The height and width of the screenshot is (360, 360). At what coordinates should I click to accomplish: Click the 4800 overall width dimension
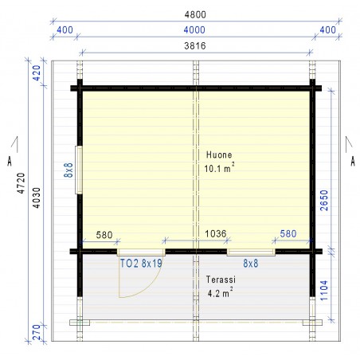pyautogui.click(x=195, y=14)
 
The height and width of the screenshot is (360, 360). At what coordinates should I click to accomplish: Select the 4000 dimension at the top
pyautogui.click(x=194, y=29)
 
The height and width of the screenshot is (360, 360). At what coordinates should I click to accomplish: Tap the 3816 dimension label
pyautogui.click(x=195, y=45)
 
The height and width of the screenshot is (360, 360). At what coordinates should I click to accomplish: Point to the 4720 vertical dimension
pyautogui.click(x=21, y=183)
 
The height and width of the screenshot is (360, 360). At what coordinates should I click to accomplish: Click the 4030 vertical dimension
pyautogui.click(x=37, y=198)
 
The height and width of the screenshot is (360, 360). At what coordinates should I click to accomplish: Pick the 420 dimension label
pyautogui.click(x=36, y=73)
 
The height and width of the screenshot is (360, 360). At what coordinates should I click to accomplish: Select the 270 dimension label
pyautogui.click(x=37, y=332)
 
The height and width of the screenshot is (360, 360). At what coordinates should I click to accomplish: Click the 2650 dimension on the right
pyautogui.click(x=324, y=201)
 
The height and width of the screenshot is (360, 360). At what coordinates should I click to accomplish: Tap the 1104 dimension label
pyautogui.click(x=324, y=291)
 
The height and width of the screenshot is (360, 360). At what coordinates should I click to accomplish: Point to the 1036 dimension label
pyautogui.click(x=216, y=233)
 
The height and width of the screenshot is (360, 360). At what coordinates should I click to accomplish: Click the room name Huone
pyautogui.click(x=219, y=155)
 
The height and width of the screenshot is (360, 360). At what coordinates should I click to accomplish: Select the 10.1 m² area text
pyautogui.click(x=219, y=168)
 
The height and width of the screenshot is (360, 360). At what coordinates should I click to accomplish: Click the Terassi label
pyautogui.click(x=221, y=280)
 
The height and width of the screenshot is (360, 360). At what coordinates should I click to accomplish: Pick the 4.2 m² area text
pyautogui.click(x=221, y=293)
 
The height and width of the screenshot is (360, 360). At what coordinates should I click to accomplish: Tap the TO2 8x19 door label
pyautogui.click(x=141, y=264)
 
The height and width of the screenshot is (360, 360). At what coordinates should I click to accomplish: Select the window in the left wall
pyautogui.click(x=79, y=170)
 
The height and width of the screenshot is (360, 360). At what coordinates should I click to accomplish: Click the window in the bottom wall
pyautogui.click(x=251, y=252)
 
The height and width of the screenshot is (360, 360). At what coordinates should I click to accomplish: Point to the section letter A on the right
pyautogui.click(x=353, y=161)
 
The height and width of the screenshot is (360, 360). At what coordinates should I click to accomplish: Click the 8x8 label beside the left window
pyautogui.click(x=68, y=170)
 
